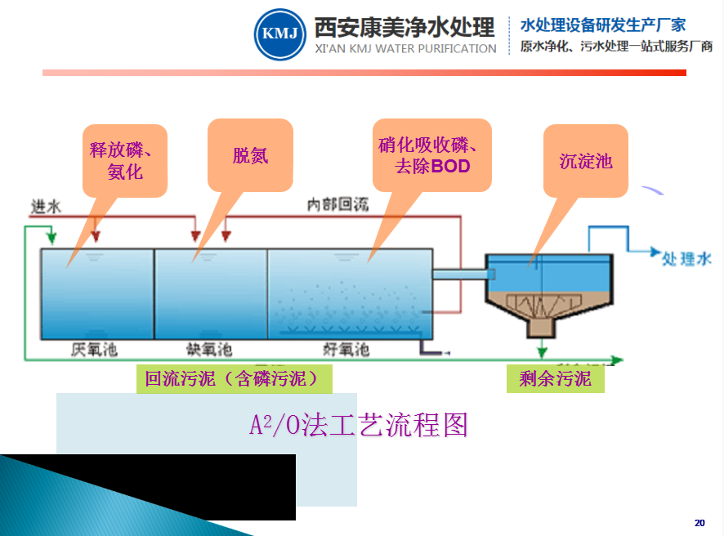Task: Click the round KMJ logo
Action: pyautogui.click(x=279, y=34)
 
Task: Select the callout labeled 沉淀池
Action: pyautogui.click(x=585, y=160)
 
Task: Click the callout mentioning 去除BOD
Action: pyautogui.click(x=431, y=156)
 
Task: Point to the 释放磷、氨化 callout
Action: pyautogui.click(x=125, y=160)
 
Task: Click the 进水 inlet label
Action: pyautogui.click(x=46, y=206)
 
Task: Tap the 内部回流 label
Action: pyautogui.click(x=337, y=204)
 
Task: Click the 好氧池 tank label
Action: pyautogui.click(x=346, y=349)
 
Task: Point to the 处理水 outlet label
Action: pyautogui.click(x=686, y=258)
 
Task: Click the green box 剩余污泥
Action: pyautogui.click(x=555, y=379)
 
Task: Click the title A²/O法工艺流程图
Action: pyautogui.click(x=359, y=426)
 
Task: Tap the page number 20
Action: pyautogui.click(x=699, y=522)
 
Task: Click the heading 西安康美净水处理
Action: pyautogui.click(x=404, y=27)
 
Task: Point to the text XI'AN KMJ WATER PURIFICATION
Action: pyautogui.click(x=405, y=49)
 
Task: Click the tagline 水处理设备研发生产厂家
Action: pyautogui.click(x=603, y=25)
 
